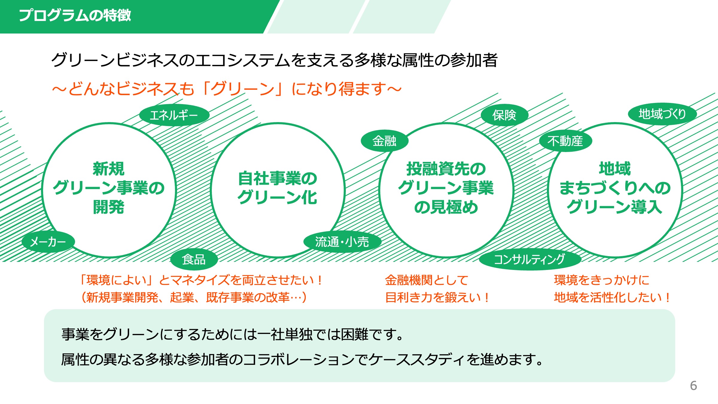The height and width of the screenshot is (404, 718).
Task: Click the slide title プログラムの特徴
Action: pyautogui.click(x=75, y=15)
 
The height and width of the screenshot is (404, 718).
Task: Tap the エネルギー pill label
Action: pyautogui.click(x=174, y=115)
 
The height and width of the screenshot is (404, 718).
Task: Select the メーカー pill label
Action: pyautogui.click(x=48, y=242)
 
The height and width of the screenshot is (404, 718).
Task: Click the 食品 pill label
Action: pyautogui.click(x=194, y=259)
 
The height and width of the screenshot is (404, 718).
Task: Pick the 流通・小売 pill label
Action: pyautogui.click(x=342, y=242)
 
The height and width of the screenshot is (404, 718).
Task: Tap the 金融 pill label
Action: pyautogui.click(x=384, y=141)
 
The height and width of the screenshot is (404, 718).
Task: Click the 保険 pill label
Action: pyautogui.click(x=504, y=115)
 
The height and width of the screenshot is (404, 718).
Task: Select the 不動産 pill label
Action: pyautogui.click(x=565, y=141)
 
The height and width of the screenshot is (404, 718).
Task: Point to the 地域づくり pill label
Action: pyautogui.click(x=662, y=114)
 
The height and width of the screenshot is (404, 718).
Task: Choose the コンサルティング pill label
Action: pyautogui.click(x=530, y=259)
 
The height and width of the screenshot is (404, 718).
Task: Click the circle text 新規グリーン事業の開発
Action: pyautogui.click(x=109, y=188)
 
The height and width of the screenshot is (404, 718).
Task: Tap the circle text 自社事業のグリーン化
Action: pyautogui.click(x=277, y=188)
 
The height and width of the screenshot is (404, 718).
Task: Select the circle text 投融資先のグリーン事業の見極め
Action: pyautogui.click(x=446, y=188)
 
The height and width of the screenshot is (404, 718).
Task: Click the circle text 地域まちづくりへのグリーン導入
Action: pyautogui.click(x=615, y=188)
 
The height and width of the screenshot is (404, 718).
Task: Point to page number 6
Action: pyautogui.click(x=693, y=386)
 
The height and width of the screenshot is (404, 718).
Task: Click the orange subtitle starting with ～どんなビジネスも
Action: pyautogui.click(x=226, y=89)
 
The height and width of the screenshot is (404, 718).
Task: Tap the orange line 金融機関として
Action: pyautogui.click(x=427, y=280)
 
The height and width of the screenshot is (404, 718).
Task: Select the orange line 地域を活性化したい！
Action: pyautogui.click(x=612, y=297)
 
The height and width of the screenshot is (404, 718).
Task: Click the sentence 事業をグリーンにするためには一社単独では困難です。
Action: pyautogui.click(x=233, y=334)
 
